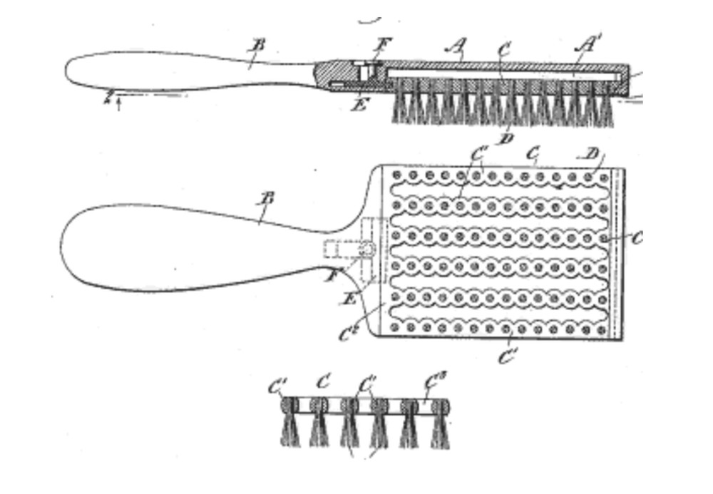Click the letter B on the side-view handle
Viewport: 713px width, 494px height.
(x=258, y=45)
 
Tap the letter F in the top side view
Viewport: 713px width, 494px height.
(x=382, y=45)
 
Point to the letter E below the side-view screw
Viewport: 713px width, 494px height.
(x=361, y=106)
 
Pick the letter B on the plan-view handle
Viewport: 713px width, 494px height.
(x=267, y=198)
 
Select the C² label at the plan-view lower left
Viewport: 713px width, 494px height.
(x=349, y=332)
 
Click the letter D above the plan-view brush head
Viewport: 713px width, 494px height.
(x=591, y=154)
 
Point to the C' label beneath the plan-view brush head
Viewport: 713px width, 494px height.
(x=507, y=356)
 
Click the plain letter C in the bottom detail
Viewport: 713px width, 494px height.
(x=323, y=381)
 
